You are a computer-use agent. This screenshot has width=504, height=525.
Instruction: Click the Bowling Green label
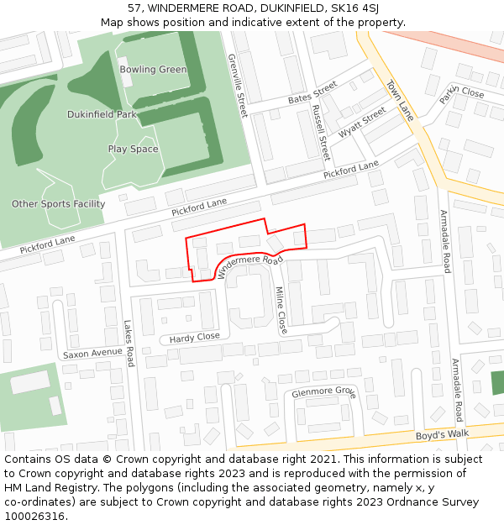153,70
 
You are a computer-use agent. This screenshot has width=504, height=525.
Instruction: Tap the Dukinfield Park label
102,114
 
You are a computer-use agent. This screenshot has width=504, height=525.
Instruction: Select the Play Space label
133,150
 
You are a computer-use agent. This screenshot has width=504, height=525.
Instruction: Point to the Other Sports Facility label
59,204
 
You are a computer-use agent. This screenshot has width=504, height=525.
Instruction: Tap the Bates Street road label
312,94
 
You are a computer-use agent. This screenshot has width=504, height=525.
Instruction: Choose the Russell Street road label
320,133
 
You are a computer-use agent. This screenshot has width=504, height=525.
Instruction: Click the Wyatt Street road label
362,123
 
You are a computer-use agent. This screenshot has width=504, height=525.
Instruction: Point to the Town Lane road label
401,101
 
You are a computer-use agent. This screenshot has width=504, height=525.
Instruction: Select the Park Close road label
462,92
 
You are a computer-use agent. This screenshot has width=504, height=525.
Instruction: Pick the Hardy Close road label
194,337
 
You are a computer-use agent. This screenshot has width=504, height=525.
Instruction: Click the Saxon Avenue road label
92,354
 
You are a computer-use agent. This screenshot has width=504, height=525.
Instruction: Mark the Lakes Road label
129,344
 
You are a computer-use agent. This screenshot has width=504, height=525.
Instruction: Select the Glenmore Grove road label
323,392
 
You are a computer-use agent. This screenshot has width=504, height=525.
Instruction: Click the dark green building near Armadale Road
497,382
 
